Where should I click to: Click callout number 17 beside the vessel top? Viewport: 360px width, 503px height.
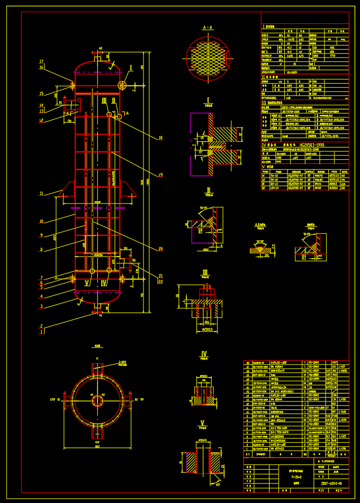pos(41,62)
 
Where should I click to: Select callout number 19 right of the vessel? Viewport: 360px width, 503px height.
pos(160,175)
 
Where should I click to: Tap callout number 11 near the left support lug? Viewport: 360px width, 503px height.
pos(41,194)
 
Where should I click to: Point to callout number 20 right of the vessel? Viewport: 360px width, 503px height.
pos(160,249)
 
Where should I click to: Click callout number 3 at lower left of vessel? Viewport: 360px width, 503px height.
pos(41,306)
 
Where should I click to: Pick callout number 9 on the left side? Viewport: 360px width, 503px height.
pos(41,235)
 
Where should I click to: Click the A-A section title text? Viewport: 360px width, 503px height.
pos(208,28)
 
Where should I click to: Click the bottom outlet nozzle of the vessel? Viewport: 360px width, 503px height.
pos(97,307)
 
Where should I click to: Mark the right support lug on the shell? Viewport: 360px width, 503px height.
pos(127,189)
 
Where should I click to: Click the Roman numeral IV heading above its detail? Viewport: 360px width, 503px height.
pos(204,354)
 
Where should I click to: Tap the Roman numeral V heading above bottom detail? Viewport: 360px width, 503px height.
pos(203,423)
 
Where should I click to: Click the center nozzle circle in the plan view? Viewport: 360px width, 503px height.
pos(97,400)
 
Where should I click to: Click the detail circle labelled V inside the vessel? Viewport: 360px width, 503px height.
pos(92,271)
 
